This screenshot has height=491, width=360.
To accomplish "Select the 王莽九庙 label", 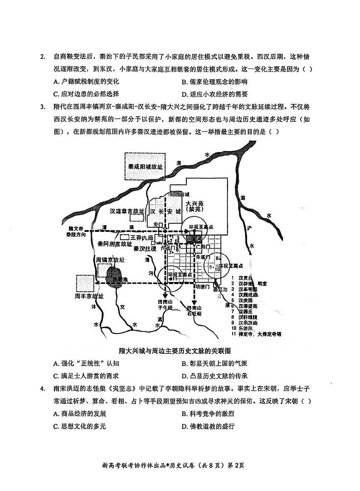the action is pos(142,237).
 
